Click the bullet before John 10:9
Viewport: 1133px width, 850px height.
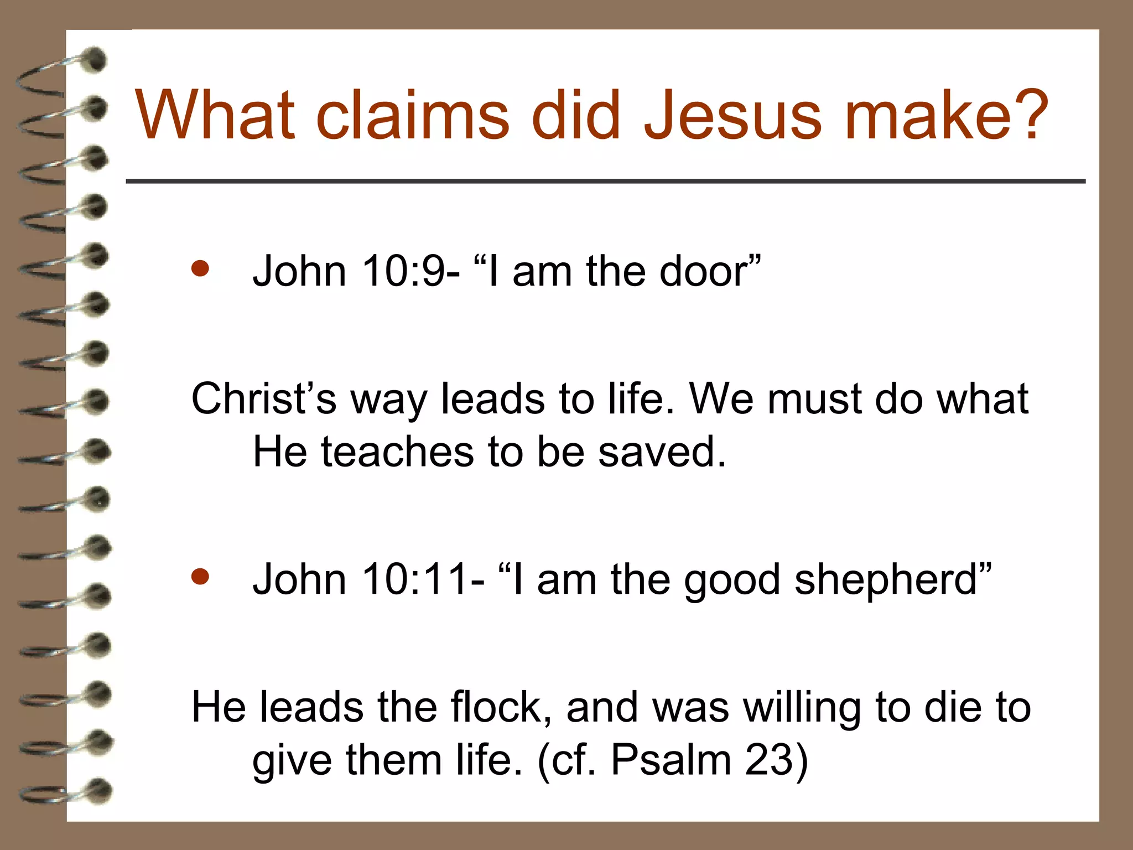[x=200, y=269]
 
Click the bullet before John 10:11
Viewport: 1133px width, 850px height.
[x=200, y=577]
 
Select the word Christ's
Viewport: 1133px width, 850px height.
[x=263, y=398]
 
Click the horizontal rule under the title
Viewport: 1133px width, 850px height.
[x=605, y=181]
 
